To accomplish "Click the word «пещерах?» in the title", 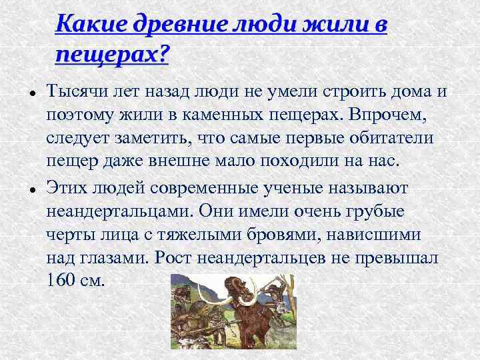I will (111, 54).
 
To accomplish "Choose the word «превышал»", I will (399, 258).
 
